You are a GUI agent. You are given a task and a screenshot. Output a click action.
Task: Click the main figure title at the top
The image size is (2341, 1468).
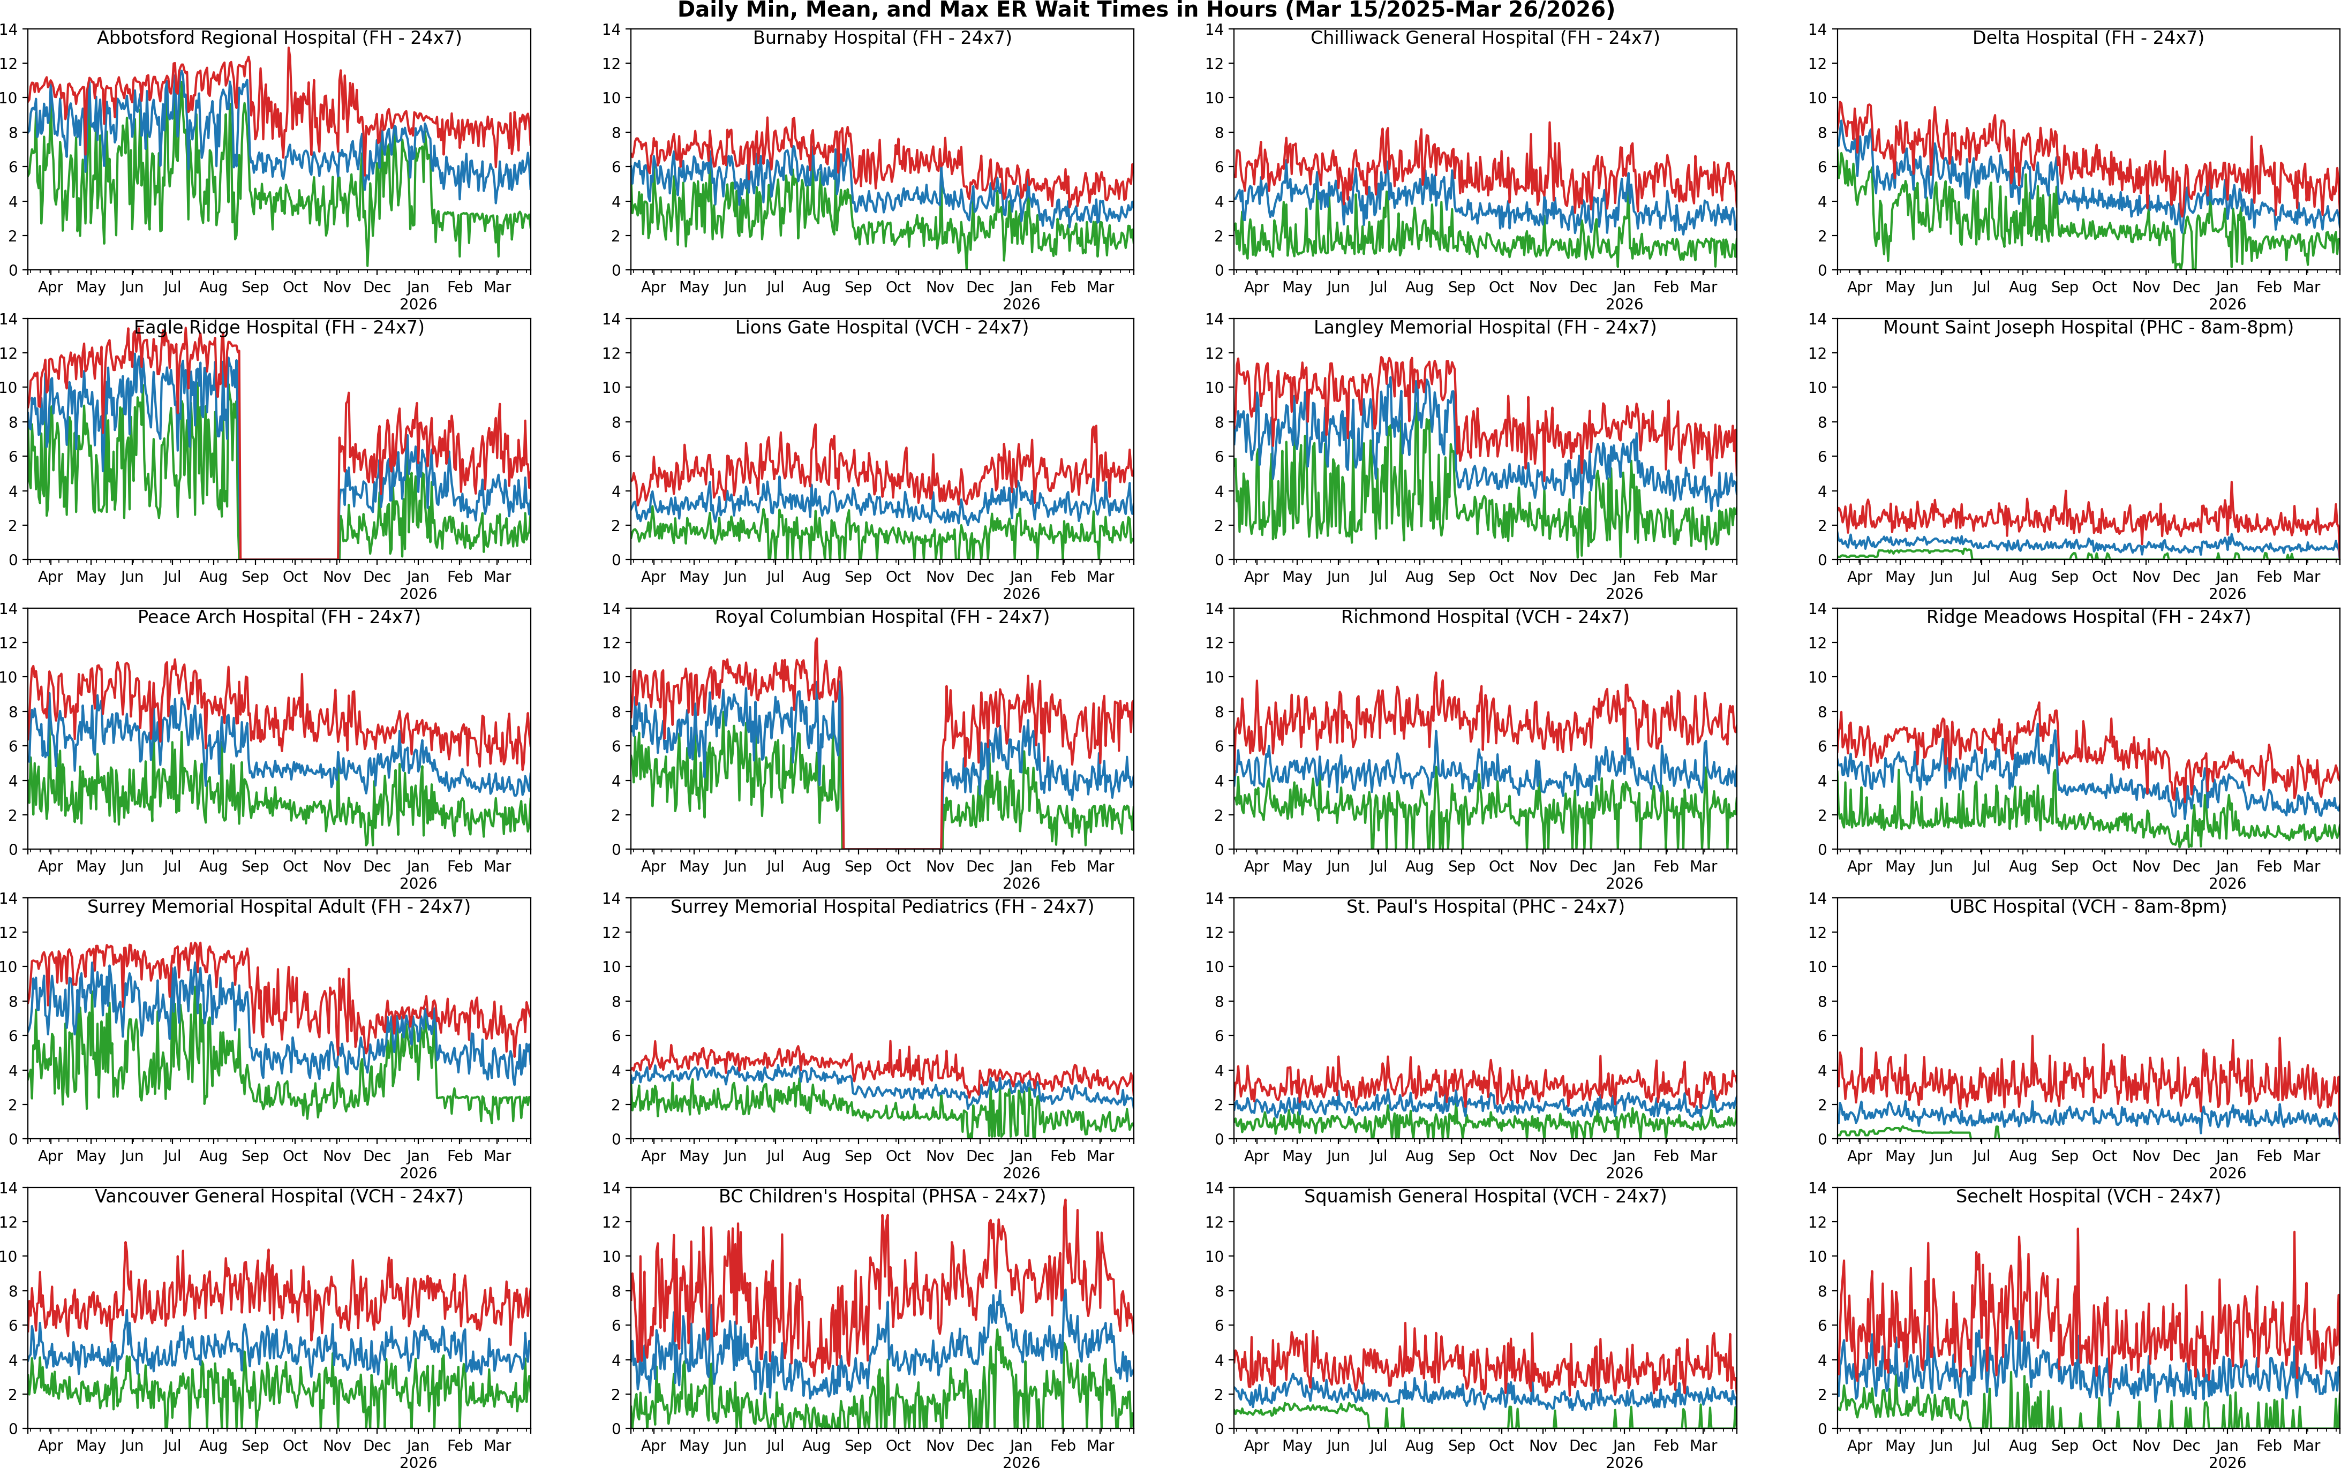[1146, 11]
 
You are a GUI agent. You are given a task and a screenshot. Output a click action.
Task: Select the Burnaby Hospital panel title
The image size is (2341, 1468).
[882, 38]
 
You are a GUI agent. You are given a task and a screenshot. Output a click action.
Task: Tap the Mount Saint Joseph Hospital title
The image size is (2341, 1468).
[2088, 327]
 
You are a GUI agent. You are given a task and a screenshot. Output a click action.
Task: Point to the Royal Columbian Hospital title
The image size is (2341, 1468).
[882, 617]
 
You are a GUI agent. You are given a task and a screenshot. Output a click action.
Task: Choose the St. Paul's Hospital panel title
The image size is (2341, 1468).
[1485, 907]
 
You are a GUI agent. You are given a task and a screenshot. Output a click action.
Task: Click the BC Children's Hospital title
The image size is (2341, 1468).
[882, 1196]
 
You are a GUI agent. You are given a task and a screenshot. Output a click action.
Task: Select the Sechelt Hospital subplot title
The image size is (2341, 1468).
[2088, 1196]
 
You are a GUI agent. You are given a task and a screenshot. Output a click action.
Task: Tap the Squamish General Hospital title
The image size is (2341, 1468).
[1485, 1196]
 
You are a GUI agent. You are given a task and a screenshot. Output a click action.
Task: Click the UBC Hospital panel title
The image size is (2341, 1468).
[2088, 907]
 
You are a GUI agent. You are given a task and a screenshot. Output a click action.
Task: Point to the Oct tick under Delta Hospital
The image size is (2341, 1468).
[2104, 287]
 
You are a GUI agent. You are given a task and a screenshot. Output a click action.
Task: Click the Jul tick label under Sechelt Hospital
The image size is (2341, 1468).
[1981, 1446]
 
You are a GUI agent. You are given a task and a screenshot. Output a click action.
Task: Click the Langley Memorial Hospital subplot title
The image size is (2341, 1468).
[1485, 327]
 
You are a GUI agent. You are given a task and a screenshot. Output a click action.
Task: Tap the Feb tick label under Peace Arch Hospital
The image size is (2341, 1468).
[460, 866]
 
